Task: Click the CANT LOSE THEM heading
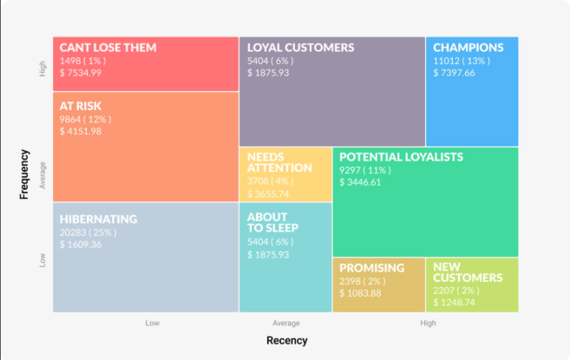click(108, 48)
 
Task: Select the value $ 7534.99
click(81, 73)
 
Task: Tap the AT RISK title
click(81, 106)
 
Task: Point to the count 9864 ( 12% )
click(85, 119)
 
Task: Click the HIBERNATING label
click(99, 219)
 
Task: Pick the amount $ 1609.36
click(81, 245)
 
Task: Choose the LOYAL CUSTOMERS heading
click(301, 48)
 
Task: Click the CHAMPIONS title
click(468, 48)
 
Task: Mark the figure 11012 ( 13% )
click(462, 61)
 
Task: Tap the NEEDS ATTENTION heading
click(279, 162)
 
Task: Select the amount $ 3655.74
click(268, 193)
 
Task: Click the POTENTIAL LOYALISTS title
click(402, 157)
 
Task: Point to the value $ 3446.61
click(360, 182)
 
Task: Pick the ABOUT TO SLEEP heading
click(272, 223)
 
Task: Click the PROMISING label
click(372, 268)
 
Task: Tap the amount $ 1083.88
click(360, 293)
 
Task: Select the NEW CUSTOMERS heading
click(468, 272)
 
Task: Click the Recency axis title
click(287, 340)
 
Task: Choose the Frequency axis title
click(24, 174)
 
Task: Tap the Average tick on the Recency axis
click(286, 323)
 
